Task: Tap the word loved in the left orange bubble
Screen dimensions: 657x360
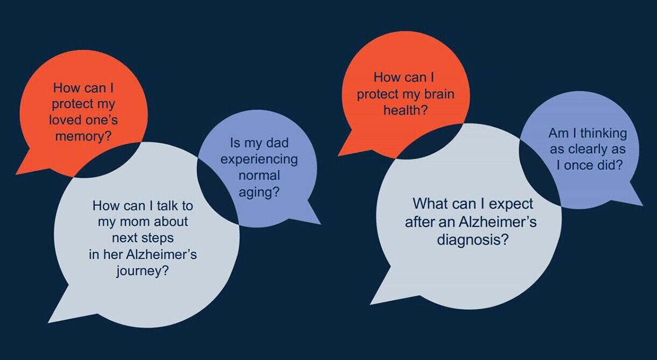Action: [62, 120]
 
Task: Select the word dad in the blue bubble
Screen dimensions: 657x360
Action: [277, 143]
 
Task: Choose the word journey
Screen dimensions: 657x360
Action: [140, 271]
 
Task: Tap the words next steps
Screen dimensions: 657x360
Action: [143, 238]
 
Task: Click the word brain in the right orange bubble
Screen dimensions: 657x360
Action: [439, 94]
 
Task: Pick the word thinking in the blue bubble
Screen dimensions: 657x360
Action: [604, 134]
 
